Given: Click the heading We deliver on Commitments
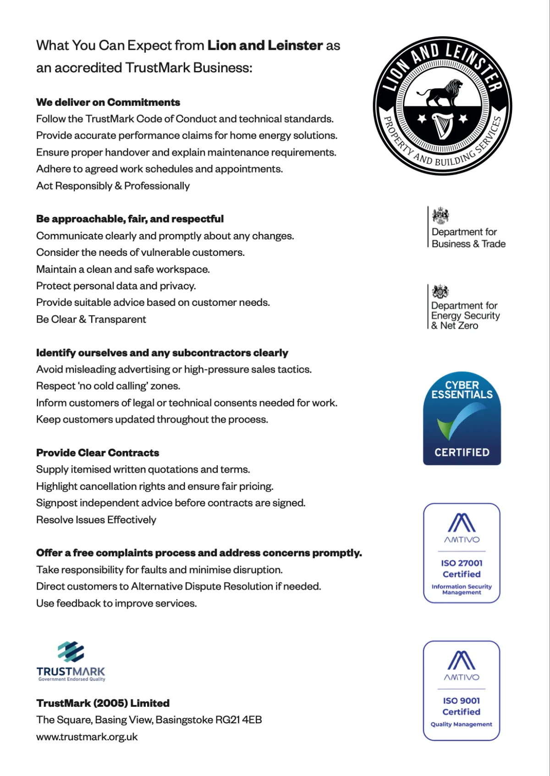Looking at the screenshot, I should (108, 102).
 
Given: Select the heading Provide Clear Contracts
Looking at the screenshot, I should (98, 453).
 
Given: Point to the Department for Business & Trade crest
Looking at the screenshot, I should (440, 215).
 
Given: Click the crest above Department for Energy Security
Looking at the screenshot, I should (440, 291).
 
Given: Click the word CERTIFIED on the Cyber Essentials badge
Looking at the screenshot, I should (462, 452).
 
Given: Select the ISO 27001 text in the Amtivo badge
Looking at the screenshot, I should (462, 563).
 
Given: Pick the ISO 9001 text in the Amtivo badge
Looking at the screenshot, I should (462, 700).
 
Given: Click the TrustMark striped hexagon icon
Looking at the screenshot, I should (71, 651).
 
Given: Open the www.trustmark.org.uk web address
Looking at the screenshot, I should (87, 737).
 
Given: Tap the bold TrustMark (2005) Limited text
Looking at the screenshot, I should (103, 703).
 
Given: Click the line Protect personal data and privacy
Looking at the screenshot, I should (116, 286).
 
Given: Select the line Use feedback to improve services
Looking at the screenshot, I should (116, 603).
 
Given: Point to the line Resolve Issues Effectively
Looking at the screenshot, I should (96, 520).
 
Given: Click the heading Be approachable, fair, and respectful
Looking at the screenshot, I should (130, 219).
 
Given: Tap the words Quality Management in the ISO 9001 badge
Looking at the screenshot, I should (462, 724).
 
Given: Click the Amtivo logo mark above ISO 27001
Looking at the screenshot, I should (462, 523).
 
